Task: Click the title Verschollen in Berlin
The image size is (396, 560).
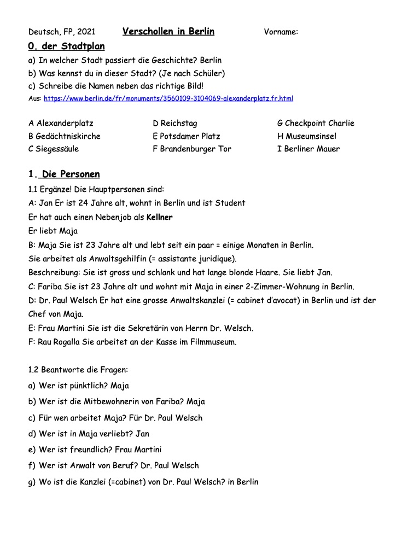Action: (x=168, y=31)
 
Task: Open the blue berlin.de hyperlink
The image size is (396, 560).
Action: (x=168, y=98)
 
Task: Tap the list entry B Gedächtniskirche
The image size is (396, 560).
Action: (x=64, y=136)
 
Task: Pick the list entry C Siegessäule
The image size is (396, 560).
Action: (x=54, y=149)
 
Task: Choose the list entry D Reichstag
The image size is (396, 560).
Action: (x=175, y=123)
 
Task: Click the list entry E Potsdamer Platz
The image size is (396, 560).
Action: (x=187, y=136)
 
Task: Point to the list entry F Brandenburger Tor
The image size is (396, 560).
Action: (x=192, y=149)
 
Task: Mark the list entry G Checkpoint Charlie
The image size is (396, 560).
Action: (x=316, y=123)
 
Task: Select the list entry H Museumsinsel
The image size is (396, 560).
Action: (x=307, y=136)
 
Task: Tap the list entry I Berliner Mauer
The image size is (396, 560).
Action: (x=308, y=149)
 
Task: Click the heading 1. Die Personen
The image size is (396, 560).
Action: (x=64, y=174)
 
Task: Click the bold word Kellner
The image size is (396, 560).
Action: (x=160, y=217)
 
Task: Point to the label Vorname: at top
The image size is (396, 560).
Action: (x=281, y=32)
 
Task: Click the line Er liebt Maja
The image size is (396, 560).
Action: (x=54, y=231)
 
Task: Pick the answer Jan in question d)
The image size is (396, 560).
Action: (x=142, y=434)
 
